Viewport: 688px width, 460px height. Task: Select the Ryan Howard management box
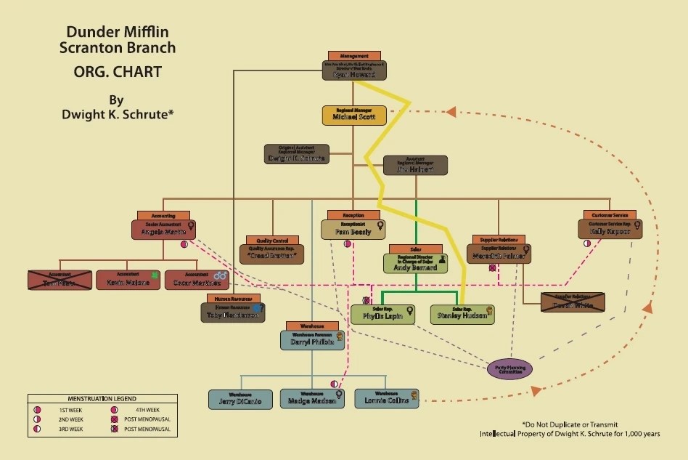354,70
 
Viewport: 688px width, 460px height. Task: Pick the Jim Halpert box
415,166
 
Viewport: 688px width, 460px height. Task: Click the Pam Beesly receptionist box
352,230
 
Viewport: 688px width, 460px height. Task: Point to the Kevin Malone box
128,281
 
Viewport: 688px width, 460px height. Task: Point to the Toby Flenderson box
232,312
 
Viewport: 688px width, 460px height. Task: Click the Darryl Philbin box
312,339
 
